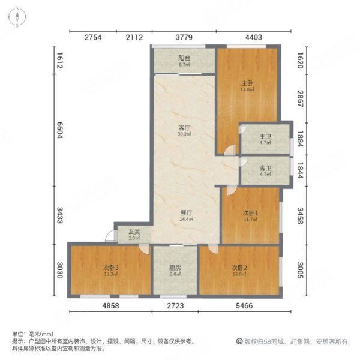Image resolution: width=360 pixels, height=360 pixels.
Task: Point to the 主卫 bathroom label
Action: pos(265,136)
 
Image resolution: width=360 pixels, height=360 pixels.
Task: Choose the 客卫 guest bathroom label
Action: pos(265,169)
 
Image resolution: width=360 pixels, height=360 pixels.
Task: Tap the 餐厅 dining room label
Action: pos(185,213)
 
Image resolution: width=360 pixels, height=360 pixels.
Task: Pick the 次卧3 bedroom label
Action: pos(110,267)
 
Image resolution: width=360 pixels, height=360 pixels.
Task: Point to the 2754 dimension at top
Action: pos(92,37)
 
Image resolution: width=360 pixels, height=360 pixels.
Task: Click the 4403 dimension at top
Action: pos(254,37)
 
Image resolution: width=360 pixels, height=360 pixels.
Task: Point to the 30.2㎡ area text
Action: pos(184,134)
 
